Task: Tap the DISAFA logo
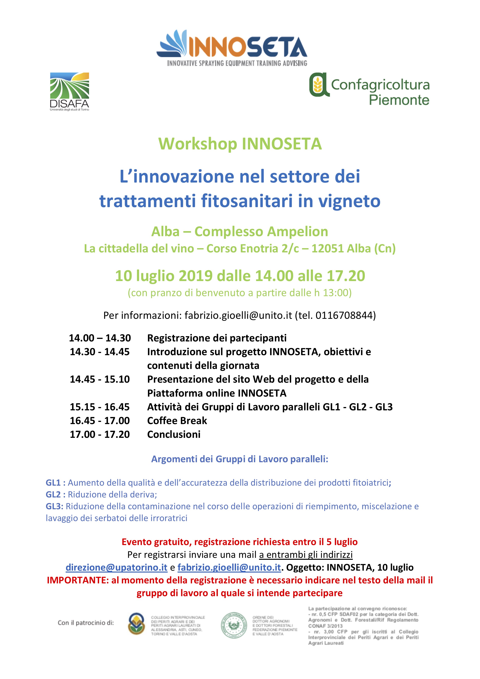point(70,91)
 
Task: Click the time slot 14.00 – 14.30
point(100,338)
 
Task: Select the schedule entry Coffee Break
point(177,421)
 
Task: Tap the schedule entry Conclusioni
point(174,434)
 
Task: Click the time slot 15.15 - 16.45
point(100,407)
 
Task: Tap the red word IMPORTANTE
point(77,580)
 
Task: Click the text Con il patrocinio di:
point(86,623)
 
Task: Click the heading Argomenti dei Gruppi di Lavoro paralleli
point(240,459)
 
